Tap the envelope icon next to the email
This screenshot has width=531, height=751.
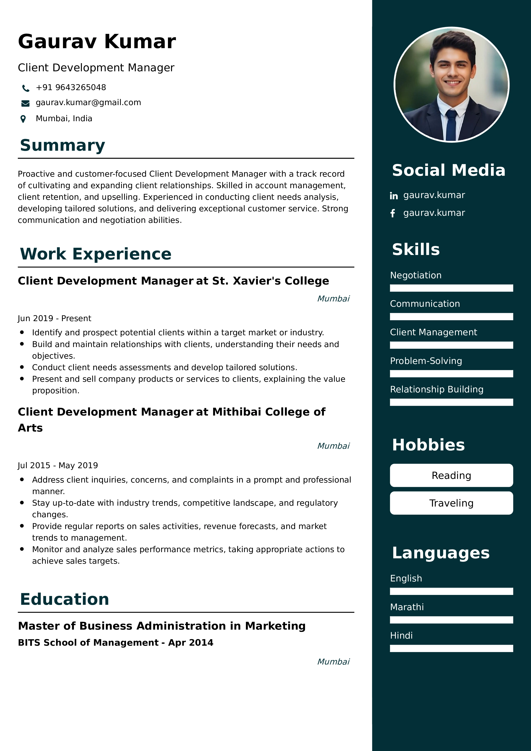point(25,103)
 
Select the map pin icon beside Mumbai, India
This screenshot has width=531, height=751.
point(23,119)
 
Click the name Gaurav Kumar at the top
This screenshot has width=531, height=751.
point(97,42)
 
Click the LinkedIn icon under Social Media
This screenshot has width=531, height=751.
point(393,196)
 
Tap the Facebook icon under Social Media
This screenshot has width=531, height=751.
point(393,213)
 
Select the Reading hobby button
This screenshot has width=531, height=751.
point(451,475)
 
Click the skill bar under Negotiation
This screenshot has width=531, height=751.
point(451,288)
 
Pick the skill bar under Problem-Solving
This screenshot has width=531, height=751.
point(451,374)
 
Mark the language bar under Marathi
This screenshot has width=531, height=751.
point(451,620)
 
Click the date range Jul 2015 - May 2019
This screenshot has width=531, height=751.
point(58,465)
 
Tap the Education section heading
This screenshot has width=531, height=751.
point(64,599)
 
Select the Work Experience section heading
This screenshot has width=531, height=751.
point(96,254)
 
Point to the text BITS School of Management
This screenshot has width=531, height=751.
point(88,643)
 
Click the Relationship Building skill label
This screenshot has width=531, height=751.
point(437,389)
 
